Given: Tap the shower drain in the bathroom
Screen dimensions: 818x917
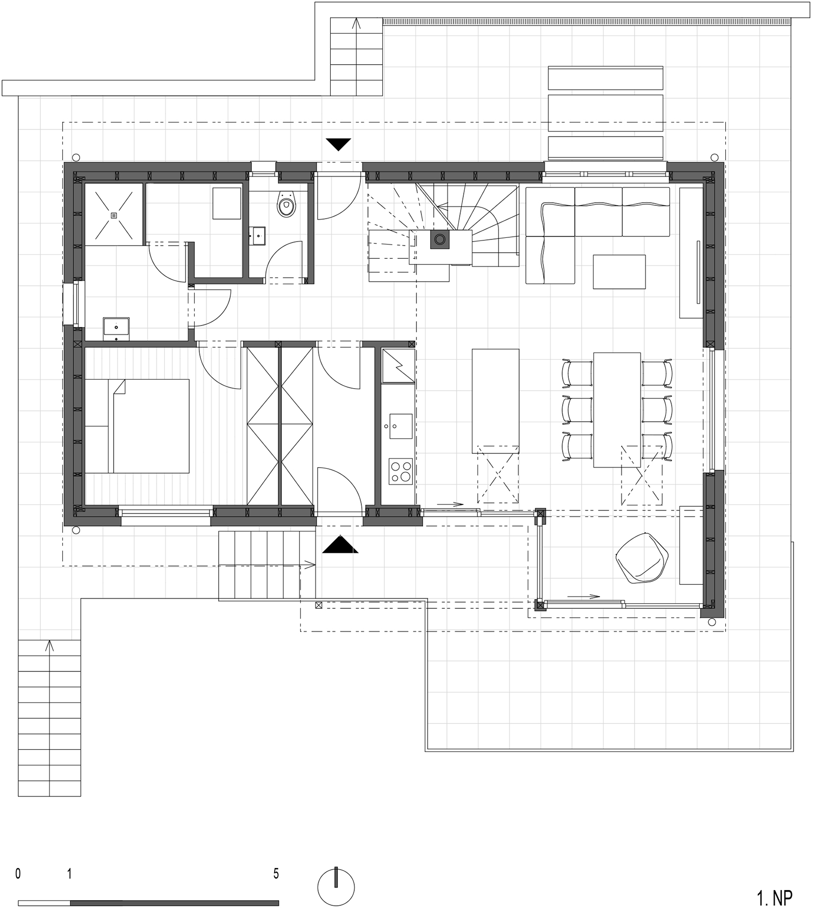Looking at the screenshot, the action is coord(113,215).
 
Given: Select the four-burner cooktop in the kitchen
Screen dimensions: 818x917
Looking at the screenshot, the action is coord(401,471).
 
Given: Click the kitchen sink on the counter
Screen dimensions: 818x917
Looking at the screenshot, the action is coord(401,426).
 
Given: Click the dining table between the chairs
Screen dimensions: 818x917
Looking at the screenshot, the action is coord(617,410).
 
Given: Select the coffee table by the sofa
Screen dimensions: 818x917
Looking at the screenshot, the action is coord(619,272).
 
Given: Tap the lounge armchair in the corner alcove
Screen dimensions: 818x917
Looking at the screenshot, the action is coord(642,557).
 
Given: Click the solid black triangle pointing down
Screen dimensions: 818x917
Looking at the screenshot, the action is coord(338,145).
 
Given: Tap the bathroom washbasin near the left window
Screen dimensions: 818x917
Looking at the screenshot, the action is coord(116,328).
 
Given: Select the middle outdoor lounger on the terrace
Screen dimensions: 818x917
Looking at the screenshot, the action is coord(605,113).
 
